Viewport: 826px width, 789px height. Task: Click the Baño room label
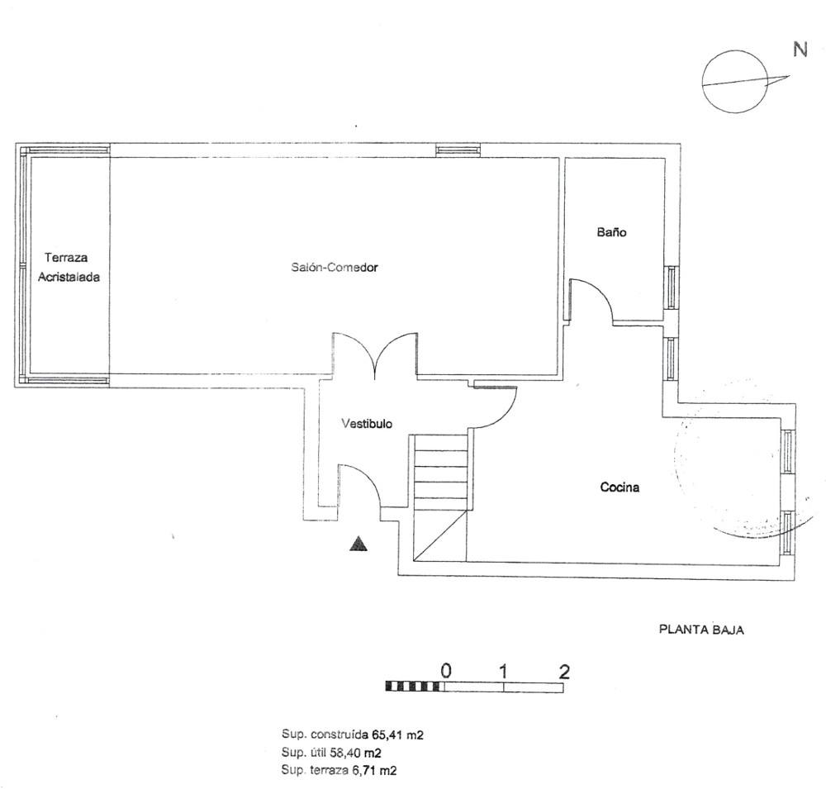coord(611,232)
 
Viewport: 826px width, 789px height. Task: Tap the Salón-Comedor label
coord(335,267)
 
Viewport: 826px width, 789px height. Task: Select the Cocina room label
coord(619,487)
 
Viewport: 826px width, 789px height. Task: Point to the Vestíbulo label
coord(367,423)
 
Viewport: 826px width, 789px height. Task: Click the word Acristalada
coord(69,278)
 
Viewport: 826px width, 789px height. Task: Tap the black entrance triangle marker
coord(358,544)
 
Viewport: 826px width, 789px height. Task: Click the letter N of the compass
coord(800,50)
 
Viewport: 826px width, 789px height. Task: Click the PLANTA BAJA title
coord(701,630)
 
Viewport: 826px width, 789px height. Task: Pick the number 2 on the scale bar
coord(564,671)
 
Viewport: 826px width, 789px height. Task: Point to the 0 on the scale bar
coord(446,671)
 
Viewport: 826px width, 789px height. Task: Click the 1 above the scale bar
coord(504,671)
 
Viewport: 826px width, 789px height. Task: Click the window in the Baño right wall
coord(671,288)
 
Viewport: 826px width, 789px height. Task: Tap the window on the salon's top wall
coord(458,150)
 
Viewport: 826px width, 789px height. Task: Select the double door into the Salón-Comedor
coord(374,356)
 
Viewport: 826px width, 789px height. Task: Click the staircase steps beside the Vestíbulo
coord(440,472)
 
